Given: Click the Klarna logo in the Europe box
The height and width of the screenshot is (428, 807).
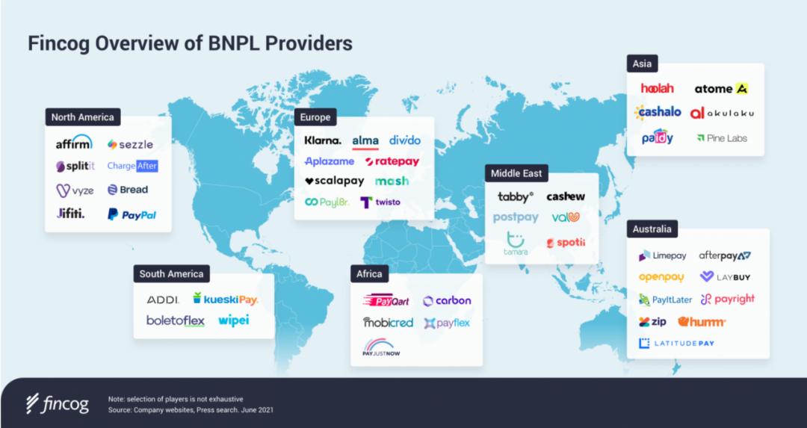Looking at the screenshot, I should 323,140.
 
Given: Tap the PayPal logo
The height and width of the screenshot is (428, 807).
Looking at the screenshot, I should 132,214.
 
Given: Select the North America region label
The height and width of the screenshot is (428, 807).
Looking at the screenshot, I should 82,117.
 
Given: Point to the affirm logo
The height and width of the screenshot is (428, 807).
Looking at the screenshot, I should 74,143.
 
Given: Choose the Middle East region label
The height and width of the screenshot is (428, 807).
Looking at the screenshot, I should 516,173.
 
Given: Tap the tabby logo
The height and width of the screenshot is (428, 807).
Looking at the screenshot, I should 516,197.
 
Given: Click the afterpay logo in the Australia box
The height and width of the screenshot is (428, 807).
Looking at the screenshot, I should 725,255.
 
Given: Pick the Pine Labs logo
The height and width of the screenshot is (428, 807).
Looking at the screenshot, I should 721,138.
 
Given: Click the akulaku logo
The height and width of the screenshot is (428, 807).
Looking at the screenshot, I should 722,113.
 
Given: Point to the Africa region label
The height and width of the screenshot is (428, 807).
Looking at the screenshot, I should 369,274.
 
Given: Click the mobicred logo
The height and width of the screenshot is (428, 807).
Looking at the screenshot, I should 388,323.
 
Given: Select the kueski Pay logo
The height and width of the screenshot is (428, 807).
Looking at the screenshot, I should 225,300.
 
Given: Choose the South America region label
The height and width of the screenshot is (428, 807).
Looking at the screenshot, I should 171,274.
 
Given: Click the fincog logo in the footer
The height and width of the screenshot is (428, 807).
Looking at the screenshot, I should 57,404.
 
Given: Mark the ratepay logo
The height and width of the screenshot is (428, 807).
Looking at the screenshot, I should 392,161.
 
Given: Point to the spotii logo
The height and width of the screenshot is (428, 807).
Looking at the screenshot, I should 566,242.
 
